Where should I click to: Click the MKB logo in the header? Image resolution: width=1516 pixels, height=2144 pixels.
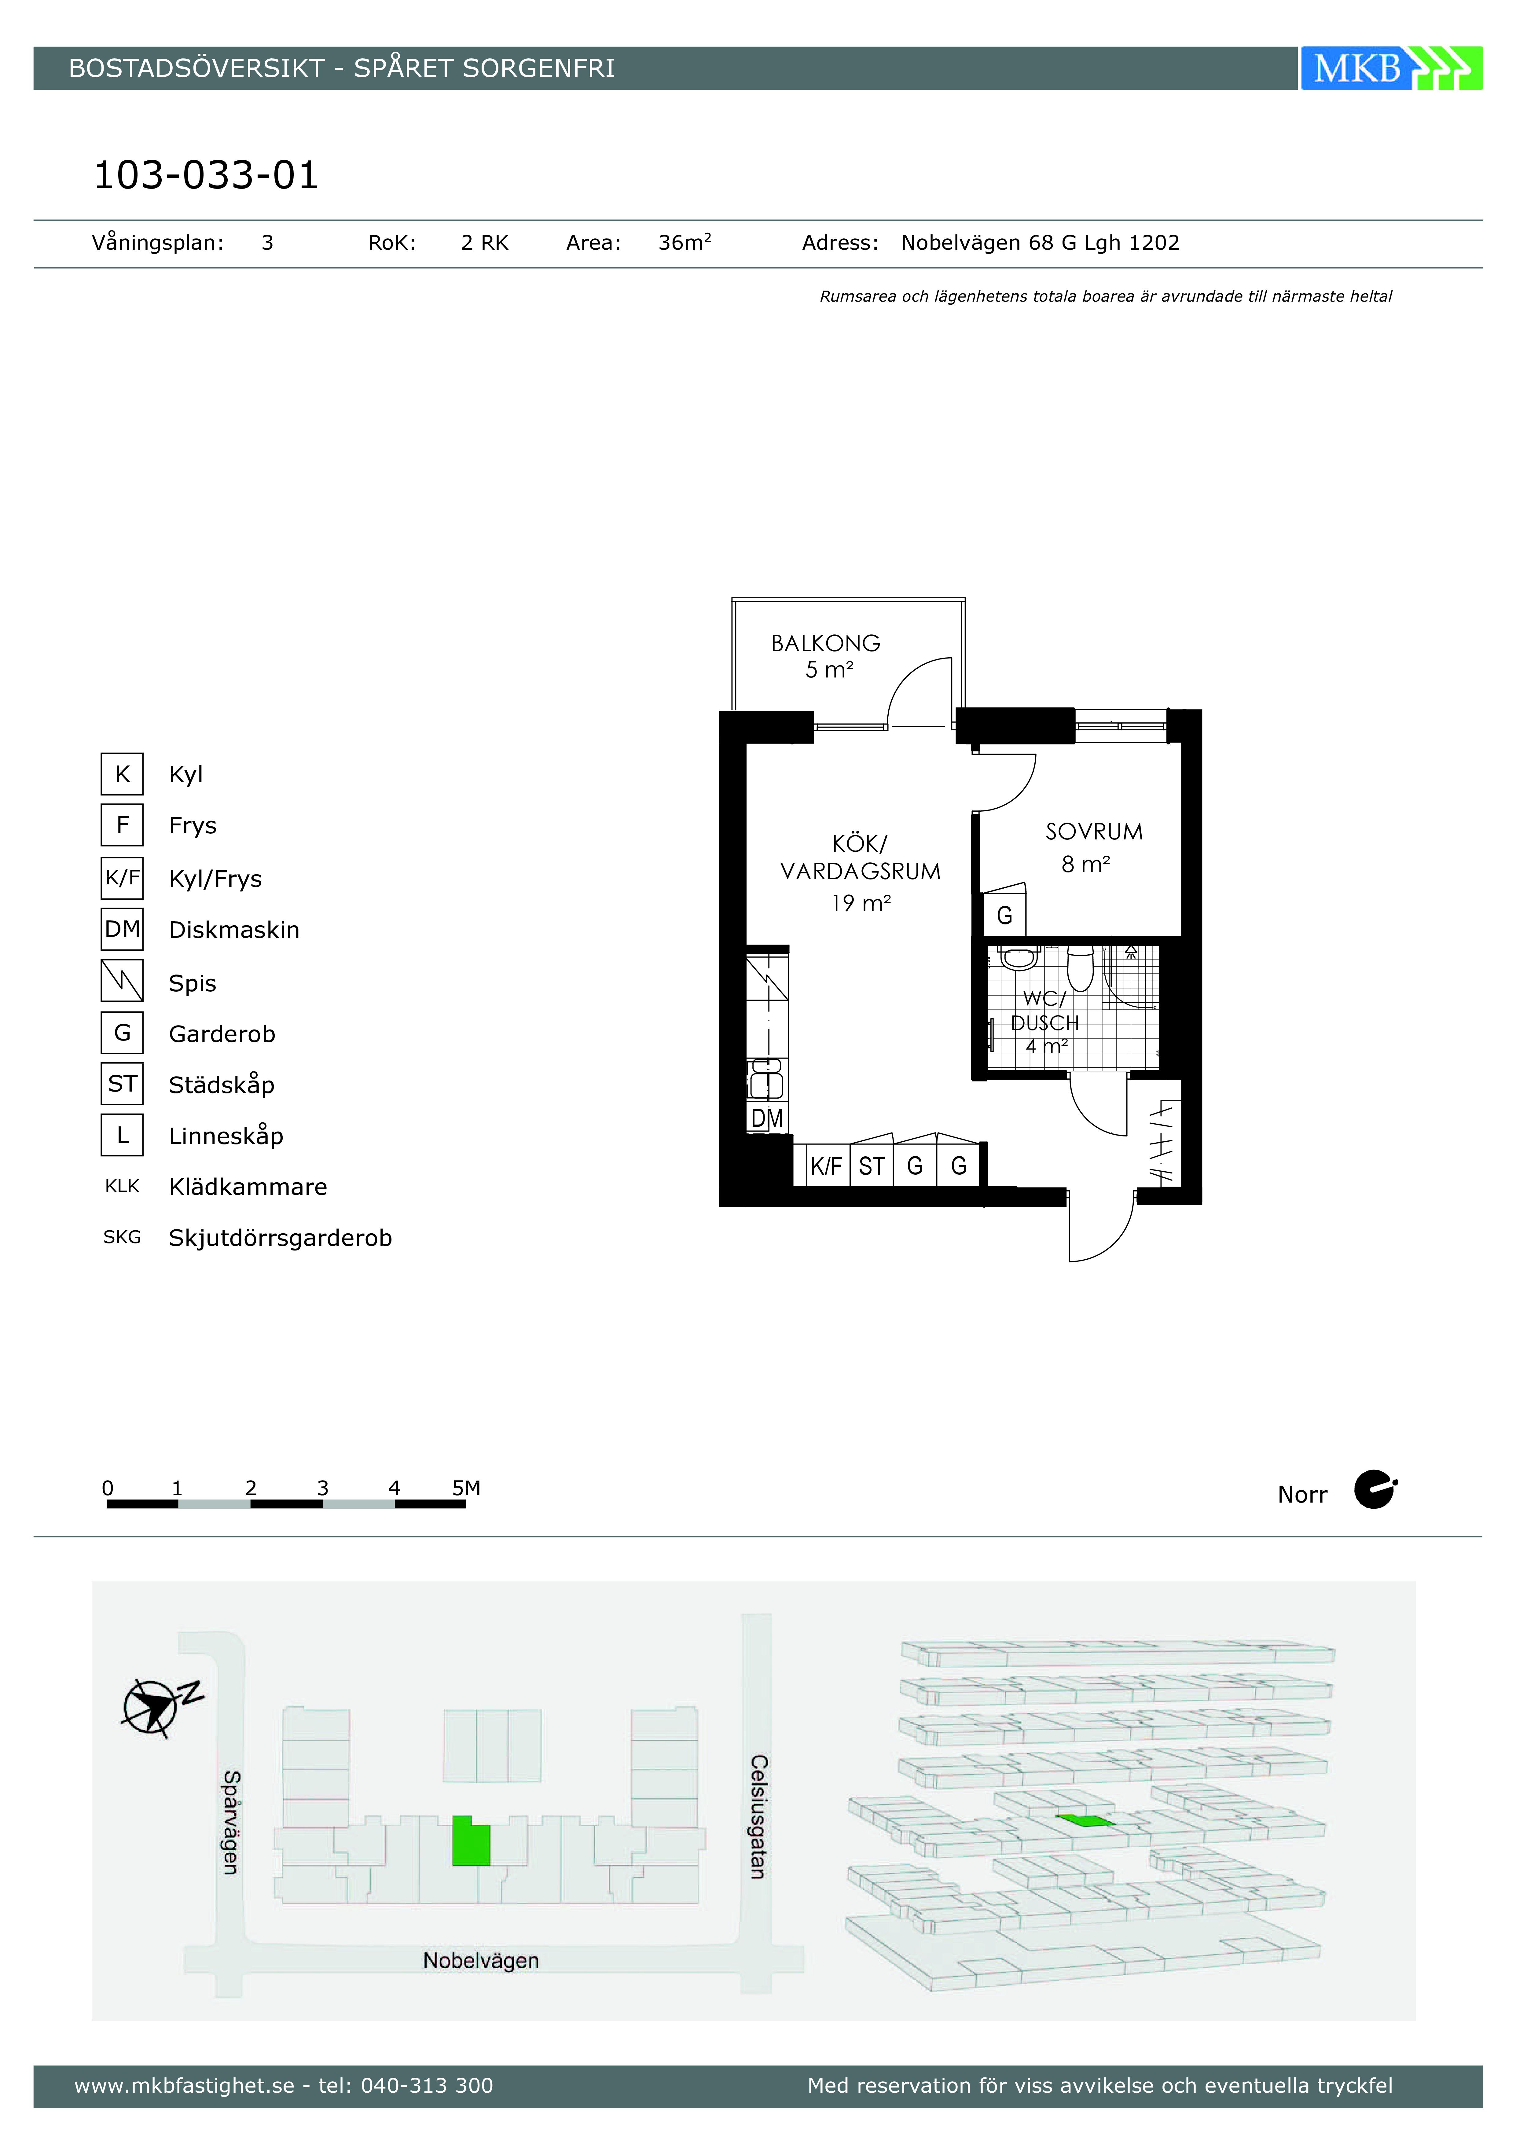coord(1391,68)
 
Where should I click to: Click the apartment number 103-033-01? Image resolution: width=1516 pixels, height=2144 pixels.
coord(207,174)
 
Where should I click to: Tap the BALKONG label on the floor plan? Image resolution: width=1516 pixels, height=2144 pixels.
coord(826,643)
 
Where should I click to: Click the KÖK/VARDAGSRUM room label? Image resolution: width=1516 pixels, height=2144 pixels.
coord(860,857)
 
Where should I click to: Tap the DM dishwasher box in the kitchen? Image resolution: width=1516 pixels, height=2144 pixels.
coord(767,1118)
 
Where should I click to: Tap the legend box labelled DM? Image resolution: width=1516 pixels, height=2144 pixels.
coord(122,929)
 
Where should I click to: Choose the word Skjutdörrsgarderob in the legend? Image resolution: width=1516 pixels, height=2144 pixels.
coord(280,1238)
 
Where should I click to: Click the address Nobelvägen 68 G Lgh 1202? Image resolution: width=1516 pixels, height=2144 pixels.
coord(1040,243)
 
